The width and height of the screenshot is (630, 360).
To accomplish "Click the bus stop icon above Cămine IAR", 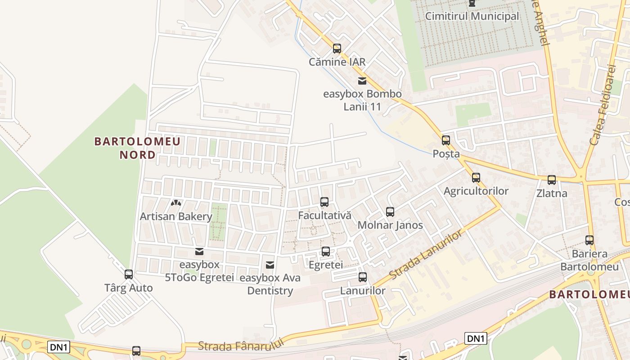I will (337, 49).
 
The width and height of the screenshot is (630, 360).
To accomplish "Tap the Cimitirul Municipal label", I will (472, 16).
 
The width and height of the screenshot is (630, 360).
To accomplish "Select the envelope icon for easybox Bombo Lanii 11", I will (362, 81).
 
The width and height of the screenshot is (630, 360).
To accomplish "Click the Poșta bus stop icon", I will (445, 140).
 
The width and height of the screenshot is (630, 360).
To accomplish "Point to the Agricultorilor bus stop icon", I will (476, 178).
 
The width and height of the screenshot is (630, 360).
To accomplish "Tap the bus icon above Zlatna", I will (552, 180).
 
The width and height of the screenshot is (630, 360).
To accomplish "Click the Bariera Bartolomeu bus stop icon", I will (589, 240).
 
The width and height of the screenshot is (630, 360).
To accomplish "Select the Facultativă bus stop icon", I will (324, 202).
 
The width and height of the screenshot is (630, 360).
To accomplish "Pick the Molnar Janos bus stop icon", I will (390, 211).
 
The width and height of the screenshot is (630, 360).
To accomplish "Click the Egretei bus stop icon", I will (326, 252).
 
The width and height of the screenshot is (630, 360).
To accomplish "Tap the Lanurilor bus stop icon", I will (363, 277).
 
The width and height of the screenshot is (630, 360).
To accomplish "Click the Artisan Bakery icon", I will (175, 203).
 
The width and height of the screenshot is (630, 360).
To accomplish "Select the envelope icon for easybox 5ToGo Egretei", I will (199, 252).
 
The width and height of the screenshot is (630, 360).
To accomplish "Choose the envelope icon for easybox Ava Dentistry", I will (270, 265).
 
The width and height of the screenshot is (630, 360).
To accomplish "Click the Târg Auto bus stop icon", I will (129, 274).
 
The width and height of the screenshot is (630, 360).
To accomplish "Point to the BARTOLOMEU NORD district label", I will (137, 148).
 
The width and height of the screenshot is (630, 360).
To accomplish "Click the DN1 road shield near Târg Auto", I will (59, 347).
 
